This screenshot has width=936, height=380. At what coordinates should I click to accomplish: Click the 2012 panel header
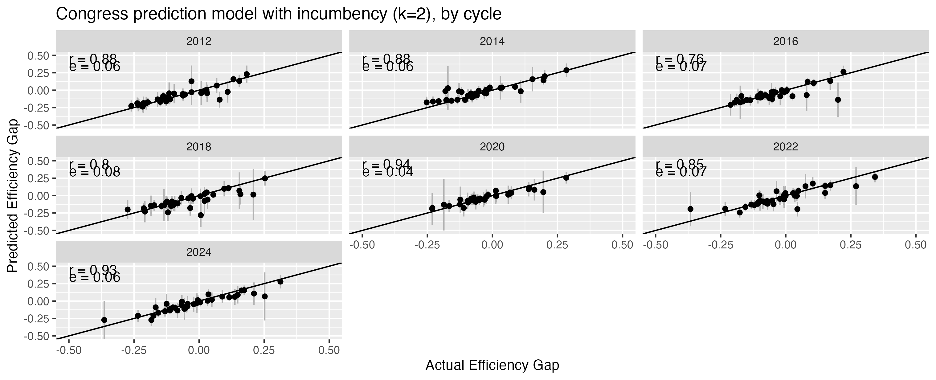click(199, 41)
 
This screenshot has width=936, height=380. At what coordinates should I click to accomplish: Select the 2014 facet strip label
click(492, 41)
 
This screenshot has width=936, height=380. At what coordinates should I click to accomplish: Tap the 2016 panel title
click(785, 41)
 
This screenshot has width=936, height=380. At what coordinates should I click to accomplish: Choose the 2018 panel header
click(199, 146)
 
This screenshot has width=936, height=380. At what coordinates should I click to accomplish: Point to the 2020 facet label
click(492, 146)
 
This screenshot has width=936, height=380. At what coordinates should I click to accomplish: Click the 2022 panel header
click(785, 146)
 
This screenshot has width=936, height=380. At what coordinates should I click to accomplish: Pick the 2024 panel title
click(199, 252)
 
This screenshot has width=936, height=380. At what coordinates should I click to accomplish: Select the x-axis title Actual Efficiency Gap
click(492, 366)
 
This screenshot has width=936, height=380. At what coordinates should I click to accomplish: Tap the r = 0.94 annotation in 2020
click(386, 164)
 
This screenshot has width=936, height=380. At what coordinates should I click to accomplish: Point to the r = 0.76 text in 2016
click(680, 59)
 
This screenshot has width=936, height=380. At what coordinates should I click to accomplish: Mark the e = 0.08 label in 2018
click(95, 172)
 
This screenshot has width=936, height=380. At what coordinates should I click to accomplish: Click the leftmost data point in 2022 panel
click(690, 209)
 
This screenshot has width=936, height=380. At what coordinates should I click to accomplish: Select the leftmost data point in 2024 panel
click(104, 320)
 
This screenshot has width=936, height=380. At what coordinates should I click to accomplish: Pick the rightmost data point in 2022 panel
click(875, 177)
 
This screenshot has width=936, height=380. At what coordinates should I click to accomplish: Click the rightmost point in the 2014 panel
click(566, 70)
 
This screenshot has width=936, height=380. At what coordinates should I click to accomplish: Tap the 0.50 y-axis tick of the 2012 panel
click(39, 55)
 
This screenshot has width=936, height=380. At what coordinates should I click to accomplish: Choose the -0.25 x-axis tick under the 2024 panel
click(134, 351)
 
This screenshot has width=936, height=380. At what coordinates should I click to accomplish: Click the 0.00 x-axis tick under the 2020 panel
click(492, 245)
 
